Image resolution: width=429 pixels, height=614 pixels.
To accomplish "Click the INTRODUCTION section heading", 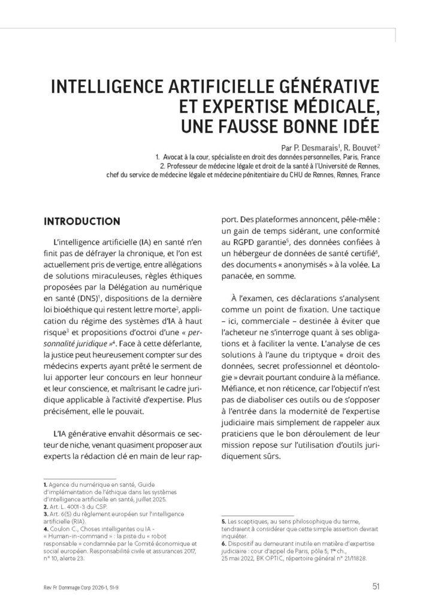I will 81,221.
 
